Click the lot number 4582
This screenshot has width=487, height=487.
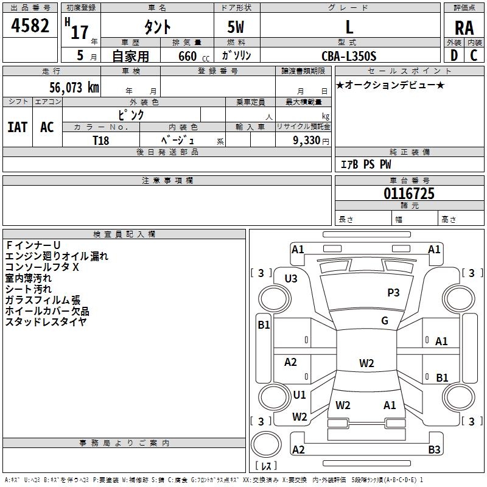30,27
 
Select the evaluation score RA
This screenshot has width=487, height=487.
464,27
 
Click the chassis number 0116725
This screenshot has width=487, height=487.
408,194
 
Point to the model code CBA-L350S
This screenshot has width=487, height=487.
349,56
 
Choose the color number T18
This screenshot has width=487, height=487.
101,139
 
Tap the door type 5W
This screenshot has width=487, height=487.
236,27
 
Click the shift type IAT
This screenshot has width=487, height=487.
17,127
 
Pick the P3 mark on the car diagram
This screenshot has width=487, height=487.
393,293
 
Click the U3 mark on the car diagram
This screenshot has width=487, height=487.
291,279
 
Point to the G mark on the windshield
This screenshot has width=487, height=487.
385,321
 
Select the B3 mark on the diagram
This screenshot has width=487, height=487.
434,450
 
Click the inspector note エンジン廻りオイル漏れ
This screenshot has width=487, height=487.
57,256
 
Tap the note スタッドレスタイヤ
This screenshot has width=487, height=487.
46,322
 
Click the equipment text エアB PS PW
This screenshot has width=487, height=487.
365,164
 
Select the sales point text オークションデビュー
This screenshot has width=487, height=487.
390,85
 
